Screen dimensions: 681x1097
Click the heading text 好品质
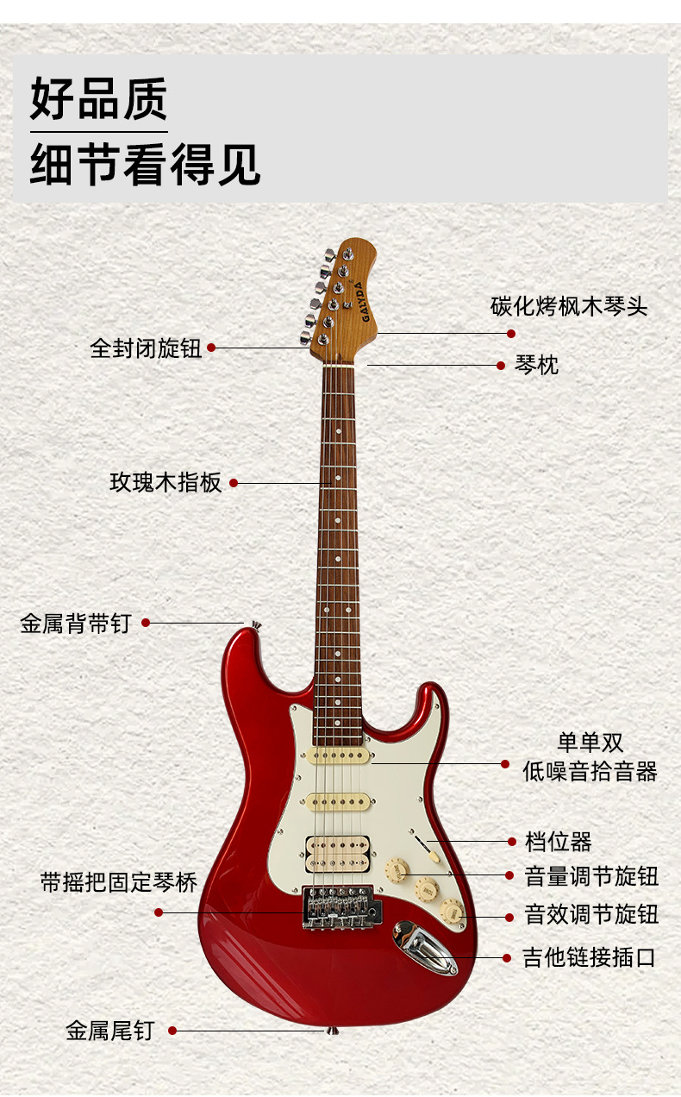point(98,99)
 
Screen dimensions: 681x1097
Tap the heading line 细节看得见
point(145,164)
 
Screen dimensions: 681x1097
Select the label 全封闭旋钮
point(146,348)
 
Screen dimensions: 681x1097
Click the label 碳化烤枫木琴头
point(569,306)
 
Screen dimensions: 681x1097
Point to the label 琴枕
point(537,365)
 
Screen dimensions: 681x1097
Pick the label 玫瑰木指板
point(166,483)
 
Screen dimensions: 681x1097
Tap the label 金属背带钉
point(75,623)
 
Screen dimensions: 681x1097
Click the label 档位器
point(559,841)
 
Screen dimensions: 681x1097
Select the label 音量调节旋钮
point(591,876)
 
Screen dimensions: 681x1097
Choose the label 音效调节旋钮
point(591,915)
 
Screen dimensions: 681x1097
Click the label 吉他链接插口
point(590,957)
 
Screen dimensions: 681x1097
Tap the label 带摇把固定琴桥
point(119,882)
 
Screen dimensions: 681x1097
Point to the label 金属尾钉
point(109,1030)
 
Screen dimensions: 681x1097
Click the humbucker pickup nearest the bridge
point(337,849)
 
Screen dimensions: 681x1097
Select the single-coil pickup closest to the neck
point(338,755)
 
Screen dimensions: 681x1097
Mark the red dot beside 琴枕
point(501,365)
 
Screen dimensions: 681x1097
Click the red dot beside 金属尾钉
point(172,1030)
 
